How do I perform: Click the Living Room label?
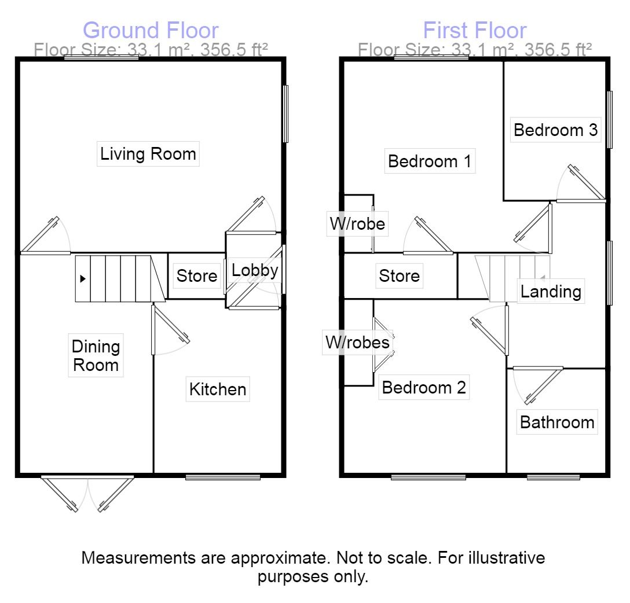point(148,154)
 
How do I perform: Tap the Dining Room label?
point(96,356)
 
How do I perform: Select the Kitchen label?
point(218,389)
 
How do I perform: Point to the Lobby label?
point(255,270)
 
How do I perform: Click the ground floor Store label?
point(197,276)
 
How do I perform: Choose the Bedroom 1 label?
point(430,161)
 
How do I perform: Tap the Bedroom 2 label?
point(424,388)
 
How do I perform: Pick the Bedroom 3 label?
point(555,130)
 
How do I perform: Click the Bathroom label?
point(557,422)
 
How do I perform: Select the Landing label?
point(551,291)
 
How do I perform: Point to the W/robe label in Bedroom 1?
point(357,223)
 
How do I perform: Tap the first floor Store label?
point(399,275)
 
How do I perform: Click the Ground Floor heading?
point(151,30)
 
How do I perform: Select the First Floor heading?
point(475,30)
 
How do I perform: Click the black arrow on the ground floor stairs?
point(83,279)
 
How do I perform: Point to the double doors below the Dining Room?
point(88,494)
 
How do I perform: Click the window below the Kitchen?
point(223,477)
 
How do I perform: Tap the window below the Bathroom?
point(554,477)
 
